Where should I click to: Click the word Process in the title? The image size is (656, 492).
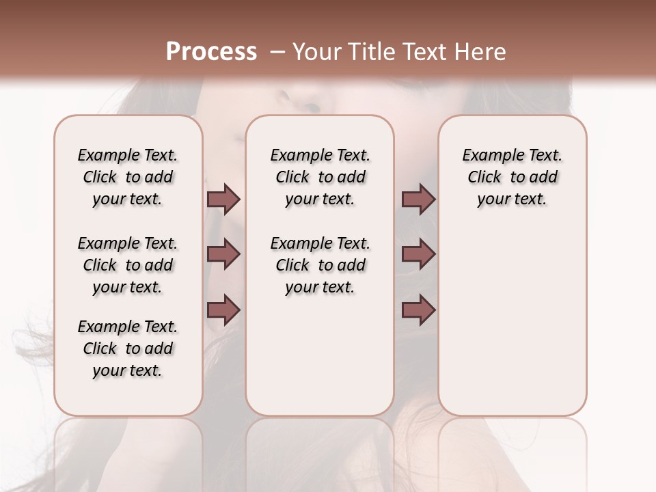coord(211,52)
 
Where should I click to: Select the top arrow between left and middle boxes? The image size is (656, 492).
coord(223,199)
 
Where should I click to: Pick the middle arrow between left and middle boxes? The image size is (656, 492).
coord(223,254)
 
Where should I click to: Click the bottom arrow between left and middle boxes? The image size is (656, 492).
coord(223,310)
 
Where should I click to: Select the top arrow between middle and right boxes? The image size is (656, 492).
coord(418,199)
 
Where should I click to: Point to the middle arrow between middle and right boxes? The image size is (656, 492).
coord(418,254)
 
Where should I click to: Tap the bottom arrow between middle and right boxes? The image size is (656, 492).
coord(418,310)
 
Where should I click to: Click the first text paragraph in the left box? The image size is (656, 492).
coord(128,177)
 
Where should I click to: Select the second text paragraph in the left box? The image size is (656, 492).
coord(128,265)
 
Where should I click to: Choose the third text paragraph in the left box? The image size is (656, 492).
coord(128,348)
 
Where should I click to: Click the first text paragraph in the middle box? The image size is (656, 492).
coord(320,177)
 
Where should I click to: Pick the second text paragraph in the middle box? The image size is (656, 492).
coord(320,265)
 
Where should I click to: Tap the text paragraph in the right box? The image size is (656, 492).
coord(512,177)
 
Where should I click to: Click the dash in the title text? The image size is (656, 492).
coord(277,52)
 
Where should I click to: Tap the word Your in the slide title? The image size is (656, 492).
coord(316,52)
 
